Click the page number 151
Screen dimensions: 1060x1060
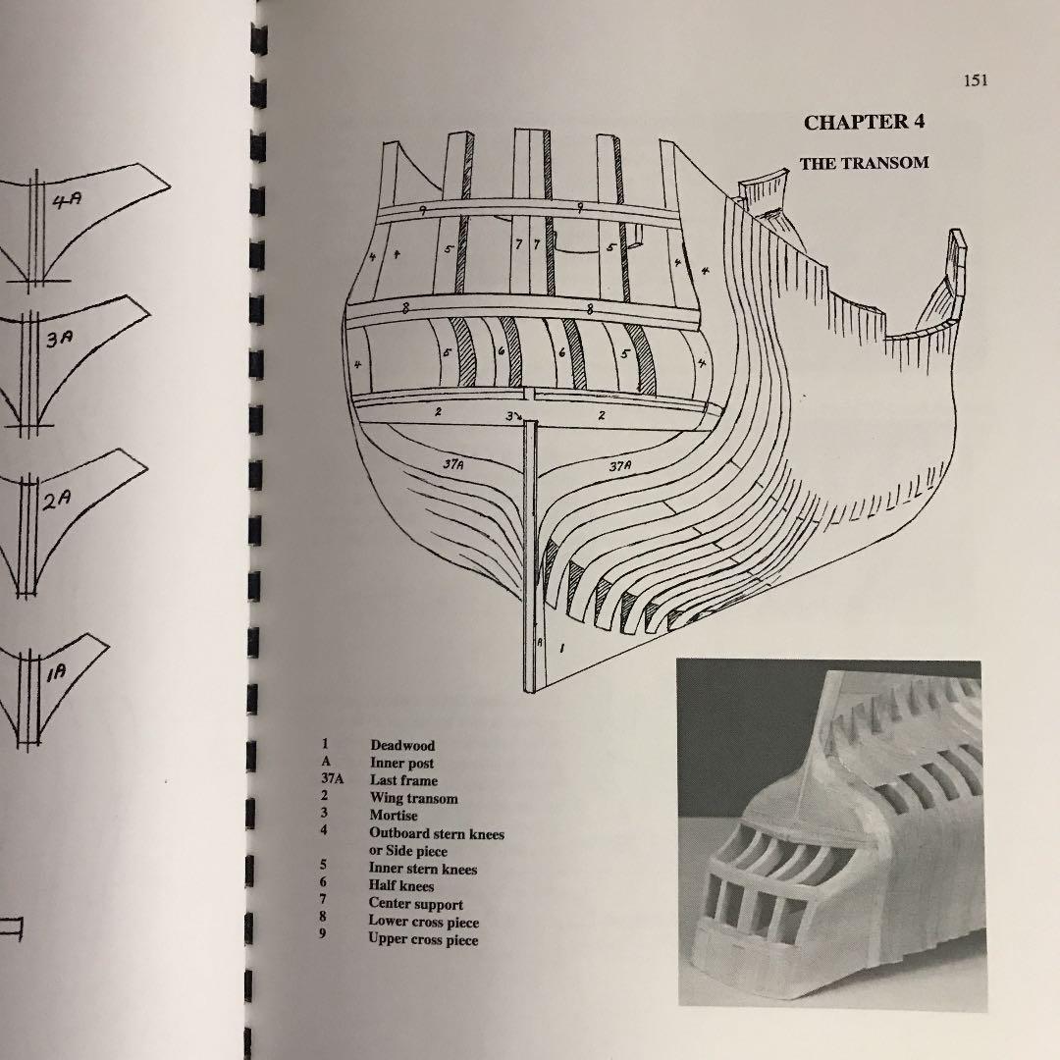click(x=975, y=80)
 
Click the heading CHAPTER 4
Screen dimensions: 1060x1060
click(x=864, y=123)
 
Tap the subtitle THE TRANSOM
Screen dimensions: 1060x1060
click(x=864, y=163)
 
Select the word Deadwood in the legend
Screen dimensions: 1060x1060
click(x=401, y=746)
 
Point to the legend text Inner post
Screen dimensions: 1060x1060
click(x=401, y=764)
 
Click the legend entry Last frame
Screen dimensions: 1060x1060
click(x=403, y=781)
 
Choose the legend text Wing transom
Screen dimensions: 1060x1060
click(x=413, y=799)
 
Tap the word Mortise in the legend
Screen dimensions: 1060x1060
click(x=393, y=816)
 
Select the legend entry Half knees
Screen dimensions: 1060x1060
click(x=400, y=886)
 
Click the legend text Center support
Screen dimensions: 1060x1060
click(x=416, y=904)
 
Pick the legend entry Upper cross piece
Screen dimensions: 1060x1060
click(x=423, y=939)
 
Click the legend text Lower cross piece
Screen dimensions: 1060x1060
click(x=423, y=922)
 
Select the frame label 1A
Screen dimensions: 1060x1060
click(x=55, y=671)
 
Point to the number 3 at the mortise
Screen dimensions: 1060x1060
click(x=510, y=416)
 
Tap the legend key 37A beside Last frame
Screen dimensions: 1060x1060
click(x=330, y=781)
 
